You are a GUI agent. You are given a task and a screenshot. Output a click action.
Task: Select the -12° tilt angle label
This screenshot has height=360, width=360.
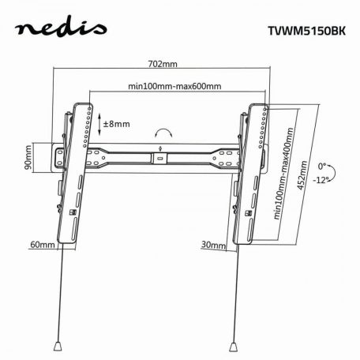click(x=322, y=180)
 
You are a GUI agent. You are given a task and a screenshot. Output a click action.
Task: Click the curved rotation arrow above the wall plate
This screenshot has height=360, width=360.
click(x=164, y=132)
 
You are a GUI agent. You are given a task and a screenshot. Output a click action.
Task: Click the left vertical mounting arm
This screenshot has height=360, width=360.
click(x=76, y=166)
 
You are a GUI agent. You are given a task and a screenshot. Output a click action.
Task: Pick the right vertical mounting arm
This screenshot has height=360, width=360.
click(x=248, y=166)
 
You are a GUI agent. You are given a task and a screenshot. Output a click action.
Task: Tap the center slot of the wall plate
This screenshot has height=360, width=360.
click(x=162, y=158)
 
